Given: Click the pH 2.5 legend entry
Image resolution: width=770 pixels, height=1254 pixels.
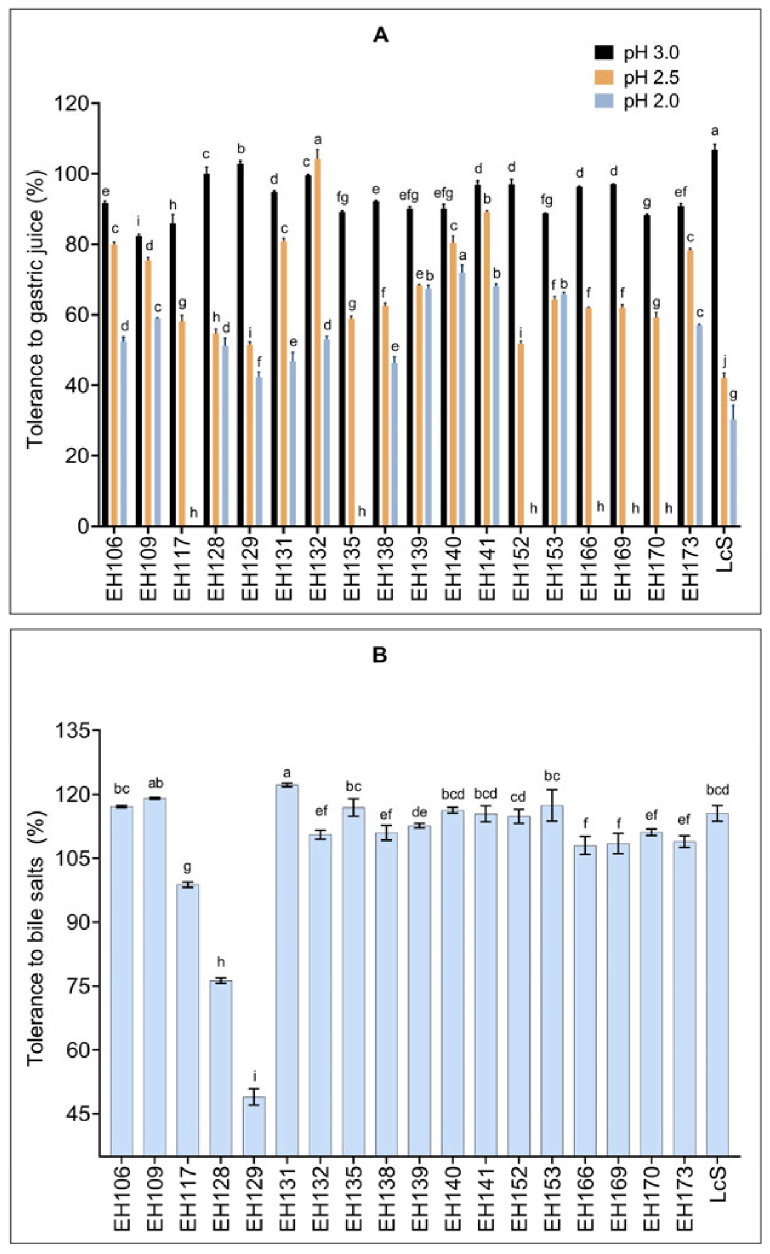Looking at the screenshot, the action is (636, 77).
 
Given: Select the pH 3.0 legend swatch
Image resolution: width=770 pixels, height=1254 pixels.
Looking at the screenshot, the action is (604, 53).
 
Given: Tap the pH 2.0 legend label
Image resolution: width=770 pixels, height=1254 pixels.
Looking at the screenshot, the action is (652, 101).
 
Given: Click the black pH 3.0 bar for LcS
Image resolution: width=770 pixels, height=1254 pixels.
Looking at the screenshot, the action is (715, 338).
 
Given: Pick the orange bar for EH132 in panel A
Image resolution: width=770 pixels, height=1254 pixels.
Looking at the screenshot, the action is (318, 343).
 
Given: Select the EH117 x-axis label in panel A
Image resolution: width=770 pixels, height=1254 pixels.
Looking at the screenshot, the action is (182, 568).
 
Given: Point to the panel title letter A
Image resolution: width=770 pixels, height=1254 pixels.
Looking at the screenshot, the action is (380, 36).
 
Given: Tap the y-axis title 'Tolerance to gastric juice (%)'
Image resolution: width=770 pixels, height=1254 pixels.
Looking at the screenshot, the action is (35, 310).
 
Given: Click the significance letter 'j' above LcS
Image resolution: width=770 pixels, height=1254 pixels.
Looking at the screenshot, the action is (725, 363).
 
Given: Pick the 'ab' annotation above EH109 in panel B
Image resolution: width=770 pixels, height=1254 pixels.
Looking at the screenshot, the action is (155, 783).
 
